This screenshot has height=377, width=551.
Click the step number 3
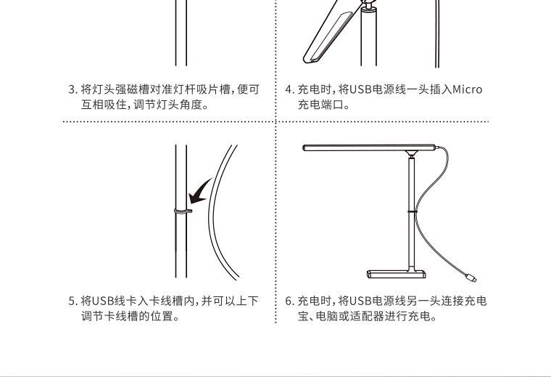72,89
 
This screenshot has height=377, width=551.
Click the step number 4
289,89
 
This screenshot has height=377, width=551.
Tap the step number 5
72,301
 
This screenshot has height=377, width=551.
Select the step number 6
289,301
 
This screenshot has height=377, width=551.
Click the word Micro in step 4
468,89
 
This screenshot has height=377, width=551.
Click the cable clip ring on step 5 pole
183,211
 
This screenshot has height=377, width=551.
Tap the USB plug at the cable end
471,277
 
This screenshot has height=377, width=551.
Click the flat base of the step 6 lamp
397,274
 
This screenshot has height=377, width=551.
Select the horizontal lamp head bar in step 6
369,147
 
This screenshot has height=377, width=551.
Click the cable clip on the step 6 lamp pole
412,211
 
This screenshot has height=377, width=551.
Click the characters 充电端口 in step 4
321,105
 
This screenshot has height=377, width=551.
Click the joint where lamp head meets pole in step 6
411,154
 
